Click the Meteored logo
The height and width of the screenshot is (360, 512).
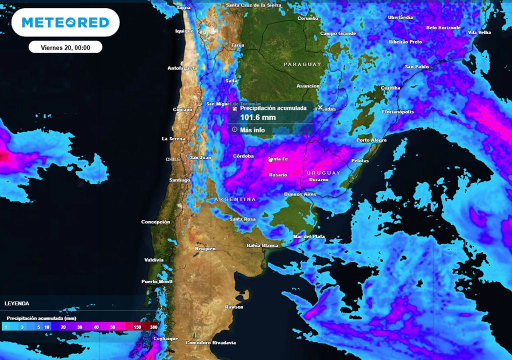click(65, 22)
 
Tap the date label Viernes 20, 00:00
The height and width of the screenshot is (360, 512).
click(65, 47)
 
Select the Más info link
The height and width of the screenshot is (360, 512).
click(252, 129)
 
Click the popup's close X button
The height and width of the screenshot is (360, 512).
click(320, 107)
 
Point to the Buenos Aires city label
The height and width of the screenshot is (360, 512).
click(300, 193)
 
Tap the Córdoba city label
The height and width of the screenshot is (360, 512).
click(244, 156)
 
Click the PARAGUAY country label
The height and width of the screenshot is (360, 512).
click(302, 64)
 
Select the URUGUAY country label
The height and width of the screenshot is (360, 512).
click(323, 172)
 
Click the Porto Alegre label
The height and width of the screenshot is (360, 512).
click(371, 140)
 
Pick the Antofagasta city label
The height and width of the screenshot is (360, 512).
click(182, 68)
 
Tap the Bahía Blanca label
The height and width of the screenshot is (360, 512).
click(262, 245)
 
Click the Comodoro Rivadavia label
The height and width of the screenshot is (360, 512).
click(210, 342)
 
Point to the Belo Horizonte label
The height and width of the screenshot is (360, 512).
click(443, 28)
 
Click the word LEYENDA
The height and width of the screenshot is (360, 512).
click(17, 303)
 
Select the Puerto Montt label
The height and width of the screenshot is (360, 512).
click(157, 281)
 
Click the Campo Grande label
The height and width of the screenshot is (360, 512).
click(338, 33)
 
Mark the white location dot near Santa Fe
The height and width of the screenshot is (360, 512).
click(270, 160)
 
